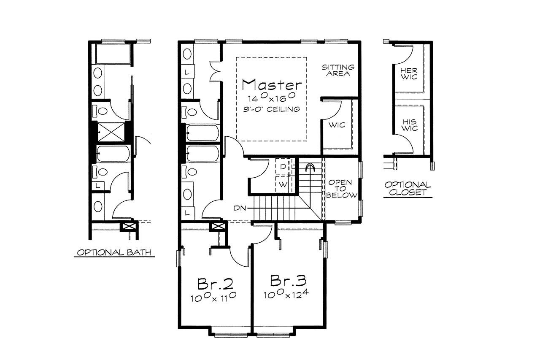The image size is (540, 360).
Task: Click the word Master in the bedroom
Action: pyautogui.click(x=272, y=84)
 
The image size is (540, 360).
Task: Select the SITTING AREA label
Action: pyautogui.click(x=338, y=70)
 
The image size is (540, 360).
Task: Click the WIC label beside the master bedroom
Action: pyautogui.click(x=337, y=125)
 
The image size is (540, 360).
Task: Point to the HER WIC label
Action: pyautogui.click(x=409, y=73)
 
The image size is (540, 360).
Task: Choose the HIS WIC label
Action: pyautogui.click(x=409, y=125)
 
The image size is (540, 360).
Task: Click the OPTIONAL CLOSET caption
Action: pyautogui.click(x=408, y=189)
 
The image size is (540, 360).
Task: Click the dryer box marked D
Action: pyautogui.click(x=282, y=167)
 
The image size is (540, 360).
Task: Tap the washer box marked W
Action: pyautogui.click(x=282, y=184)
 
